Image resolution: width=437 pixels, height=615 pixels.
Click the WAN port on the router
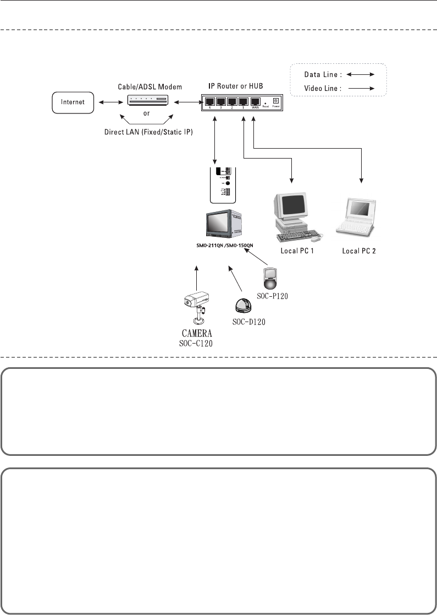(x=255, y=102)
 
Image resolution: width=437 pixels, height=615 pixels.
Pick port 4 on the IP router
(x=209, y=102)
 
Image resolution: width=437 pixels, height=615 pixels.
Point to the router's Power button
(x=276, y=101)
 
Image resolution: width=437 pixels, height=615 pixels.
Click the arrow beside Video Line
(x=363, y=88)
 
